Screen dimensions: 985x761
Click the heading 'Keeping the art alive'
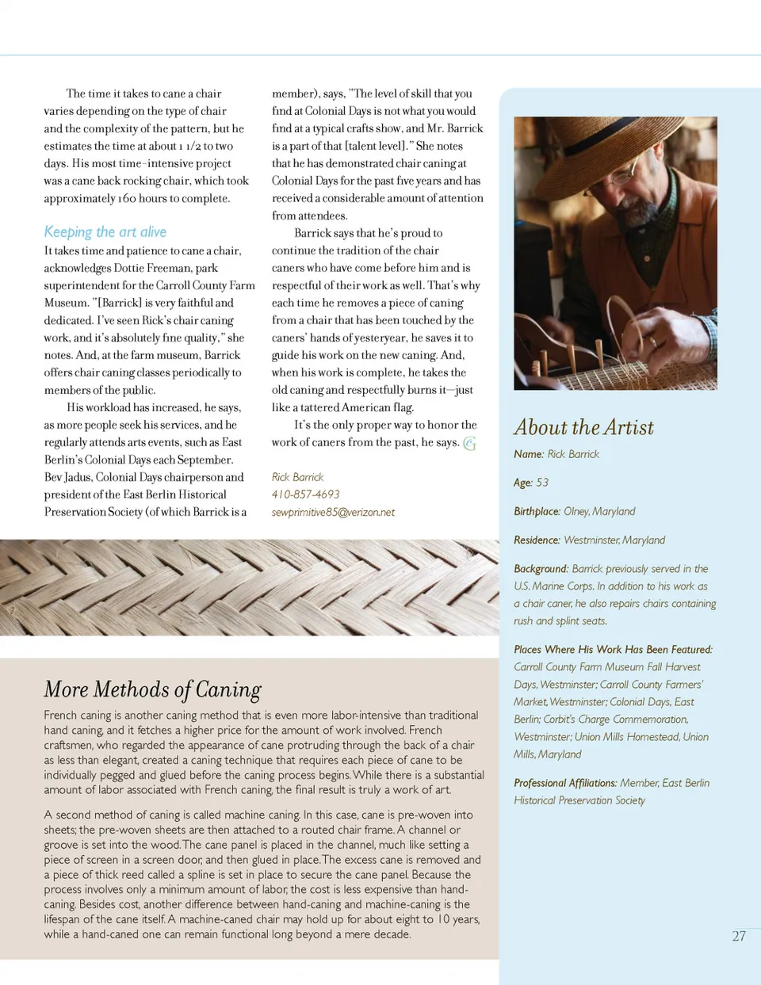(x=105, y=232)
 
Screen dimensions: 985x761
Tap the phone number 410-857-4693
(x=305, y=494)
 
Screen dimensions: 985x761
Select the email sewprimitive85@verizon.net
(x=333, y=513)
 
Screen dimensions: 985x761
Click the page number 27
(x=739, y=936)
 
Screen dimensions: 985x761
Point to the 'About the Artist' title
(x=584, y=428)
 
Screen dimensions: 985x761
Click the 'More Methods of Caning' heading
(x=152, y=689)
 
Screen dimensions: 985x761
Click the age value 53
(x=542, y=483)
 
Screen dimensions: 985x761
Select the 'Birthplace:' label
(x=537, y=512)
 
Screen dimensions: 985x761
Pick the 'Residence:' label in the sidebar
(x=537, y=540)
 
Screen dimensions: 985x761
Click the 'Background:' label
(x=541, y=569)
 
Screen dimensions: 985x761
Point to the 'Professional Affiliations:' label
(x=564, y=783)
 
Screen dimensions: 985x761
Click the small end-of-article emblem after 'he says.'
(x=469, y=444)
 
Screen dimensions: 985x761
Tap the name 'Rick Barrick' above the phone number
(x=297, y=477)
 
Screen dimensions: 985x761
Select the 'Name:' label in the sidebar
(x=529, y=454)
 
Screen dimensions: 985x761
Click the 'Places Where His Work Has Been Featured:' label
(x=613, y=650)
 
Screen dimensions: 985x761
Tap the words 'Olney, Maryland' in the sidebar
(x=599, y=512)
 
